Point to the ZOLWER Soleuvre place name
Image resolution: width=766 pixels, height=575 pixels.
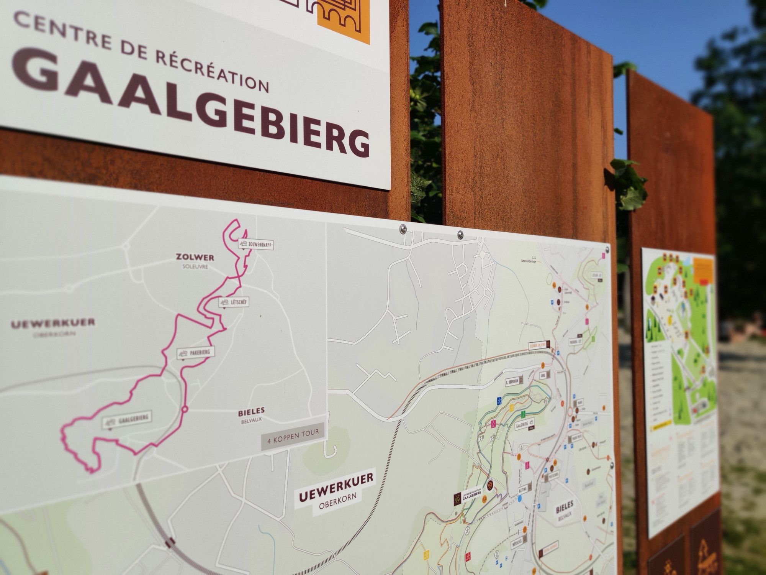pyautogui.click(x=195, y=260)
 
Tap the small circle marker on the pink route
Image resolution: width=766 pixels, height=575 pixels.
pyautogui.click(x=185, y=409)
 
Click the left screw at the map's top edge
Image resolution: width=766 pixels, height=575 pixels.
pyautogui.click(x=403, y=229)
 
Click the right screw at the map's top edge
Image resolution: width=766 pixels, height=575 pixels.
pyautogui.click(x=460, y=234)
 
